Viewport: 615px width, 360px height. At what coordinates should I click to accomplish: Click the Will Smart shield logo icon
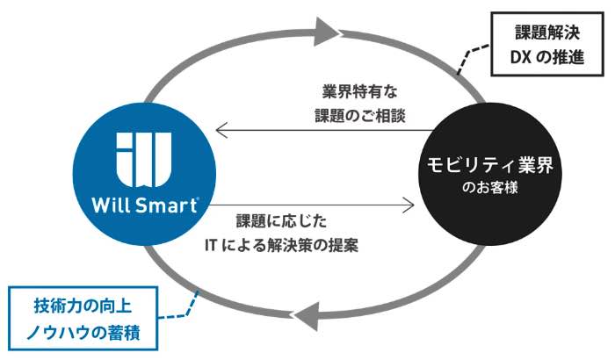click(144, 159)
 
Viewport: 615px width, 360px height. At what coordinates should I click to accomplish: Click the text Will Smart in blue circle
click(144, 205)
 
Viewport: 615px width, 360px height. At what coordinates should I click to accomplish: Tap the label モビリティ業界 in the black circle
click(490, 165)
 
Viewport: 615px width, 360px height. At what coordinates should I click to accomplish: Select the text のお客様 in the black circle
click(490, 187)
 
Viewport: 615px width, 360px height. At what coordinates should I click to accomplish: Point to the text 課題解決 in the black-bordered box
click(547, 32)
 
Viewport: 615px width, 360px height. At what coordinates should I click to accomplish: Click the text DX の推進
click(547, 57)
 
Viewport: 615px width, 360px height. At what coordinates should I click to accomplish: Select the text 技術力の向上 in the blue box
click(83, 306)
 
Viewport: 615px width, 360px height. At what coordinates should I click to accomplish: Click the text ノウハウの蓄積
click(83, 333)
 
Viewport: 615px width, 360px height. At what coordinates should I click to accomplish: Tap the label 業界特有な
click(359, 92)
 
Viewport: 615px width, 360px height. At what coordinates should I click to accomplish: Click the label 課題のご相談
click(359, 116)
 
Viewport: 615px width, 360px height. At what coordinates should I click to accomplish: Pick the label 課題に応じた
click(281, 221)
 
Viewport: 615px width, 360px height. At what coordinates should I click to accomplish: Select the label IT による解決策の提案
click(281, 246)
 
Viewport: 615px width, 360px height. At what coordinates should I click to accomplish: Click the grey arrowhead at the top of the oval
click(327, 32)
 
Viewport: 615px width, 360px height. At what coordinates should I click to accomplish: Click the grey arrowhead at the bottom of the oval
click(307, 316)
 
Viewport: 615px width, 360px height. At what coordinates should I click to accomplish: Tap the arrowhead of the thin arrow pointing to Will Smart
click(221, 131)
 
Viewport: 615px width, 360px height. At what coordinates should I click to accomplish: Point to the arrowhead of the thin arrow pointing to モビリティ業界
click(409, 205)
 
